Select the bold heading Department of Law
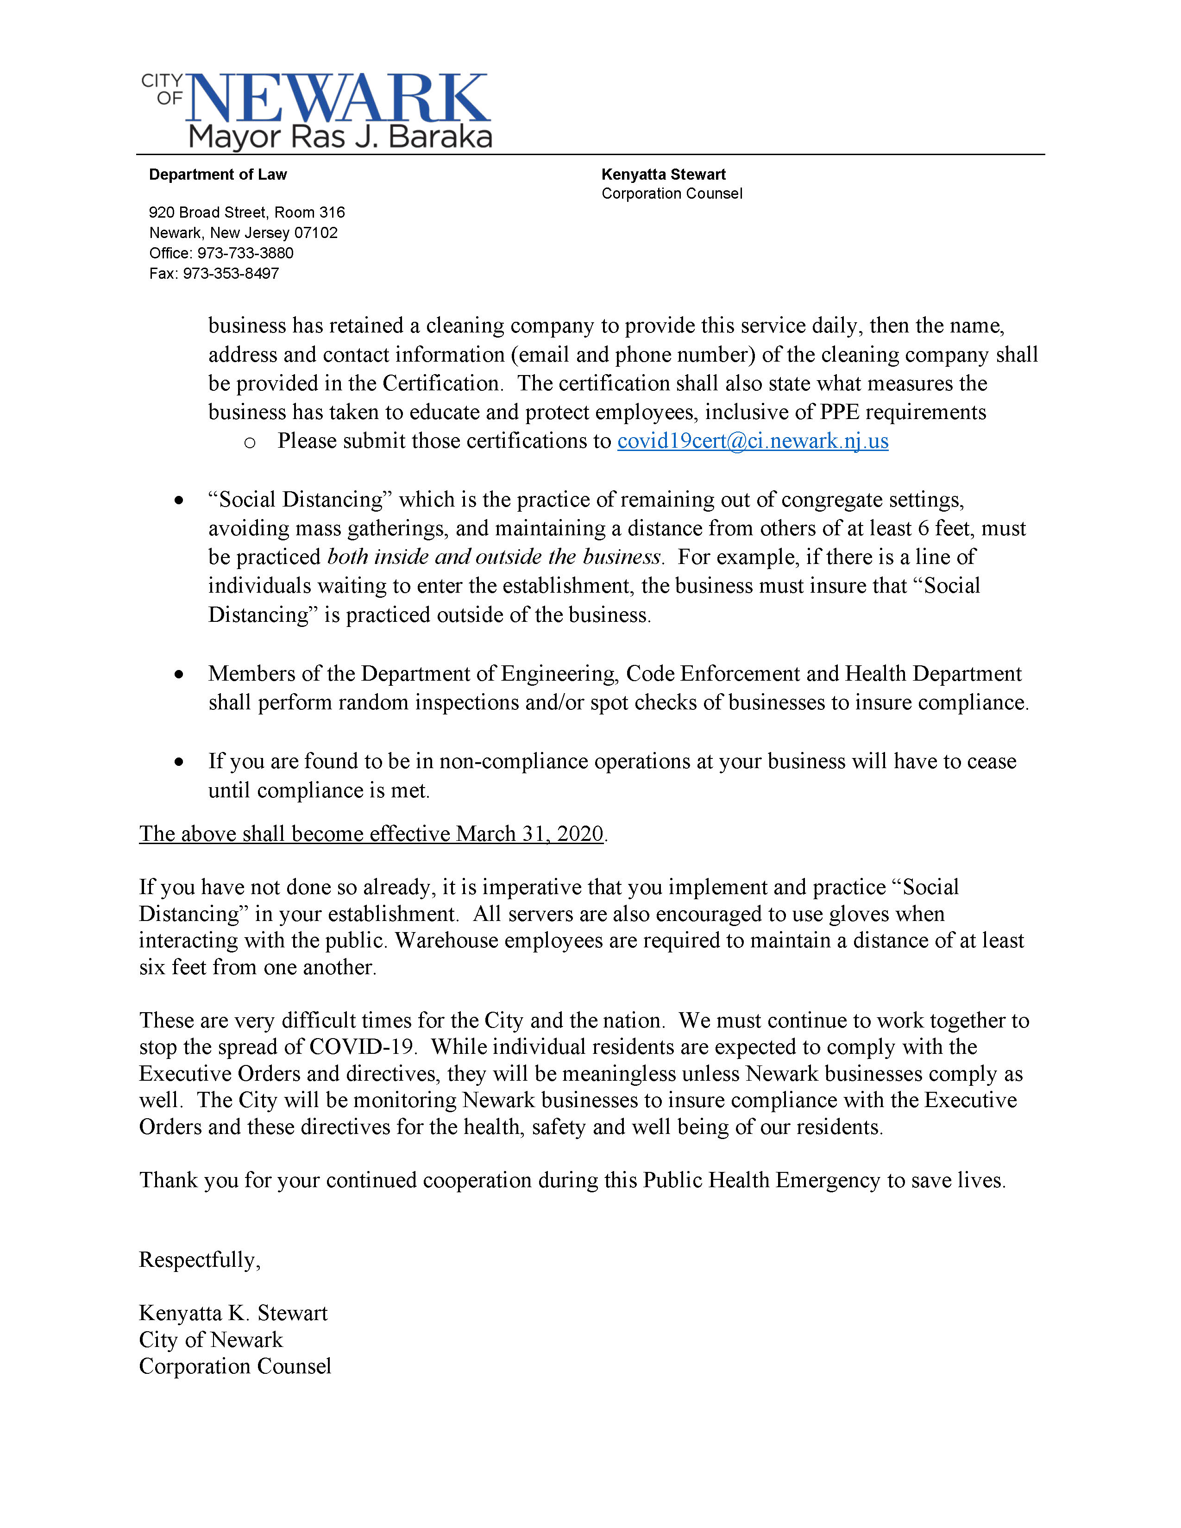tap(218, 175)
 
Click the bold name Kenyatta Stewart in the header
tap(663, 175)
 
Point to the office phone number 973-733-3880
tap(245, 253)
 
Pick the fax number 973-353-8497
tap(231, 274)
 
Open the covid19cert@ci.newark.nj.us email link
tap(752, 441)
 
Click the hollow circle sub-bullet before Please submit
tap(250, 443)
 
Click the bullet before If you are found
tap(180, 762)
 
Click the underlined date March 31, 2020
tap(530, 834)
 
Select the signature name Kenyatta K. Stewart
tap(233, 1313)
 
